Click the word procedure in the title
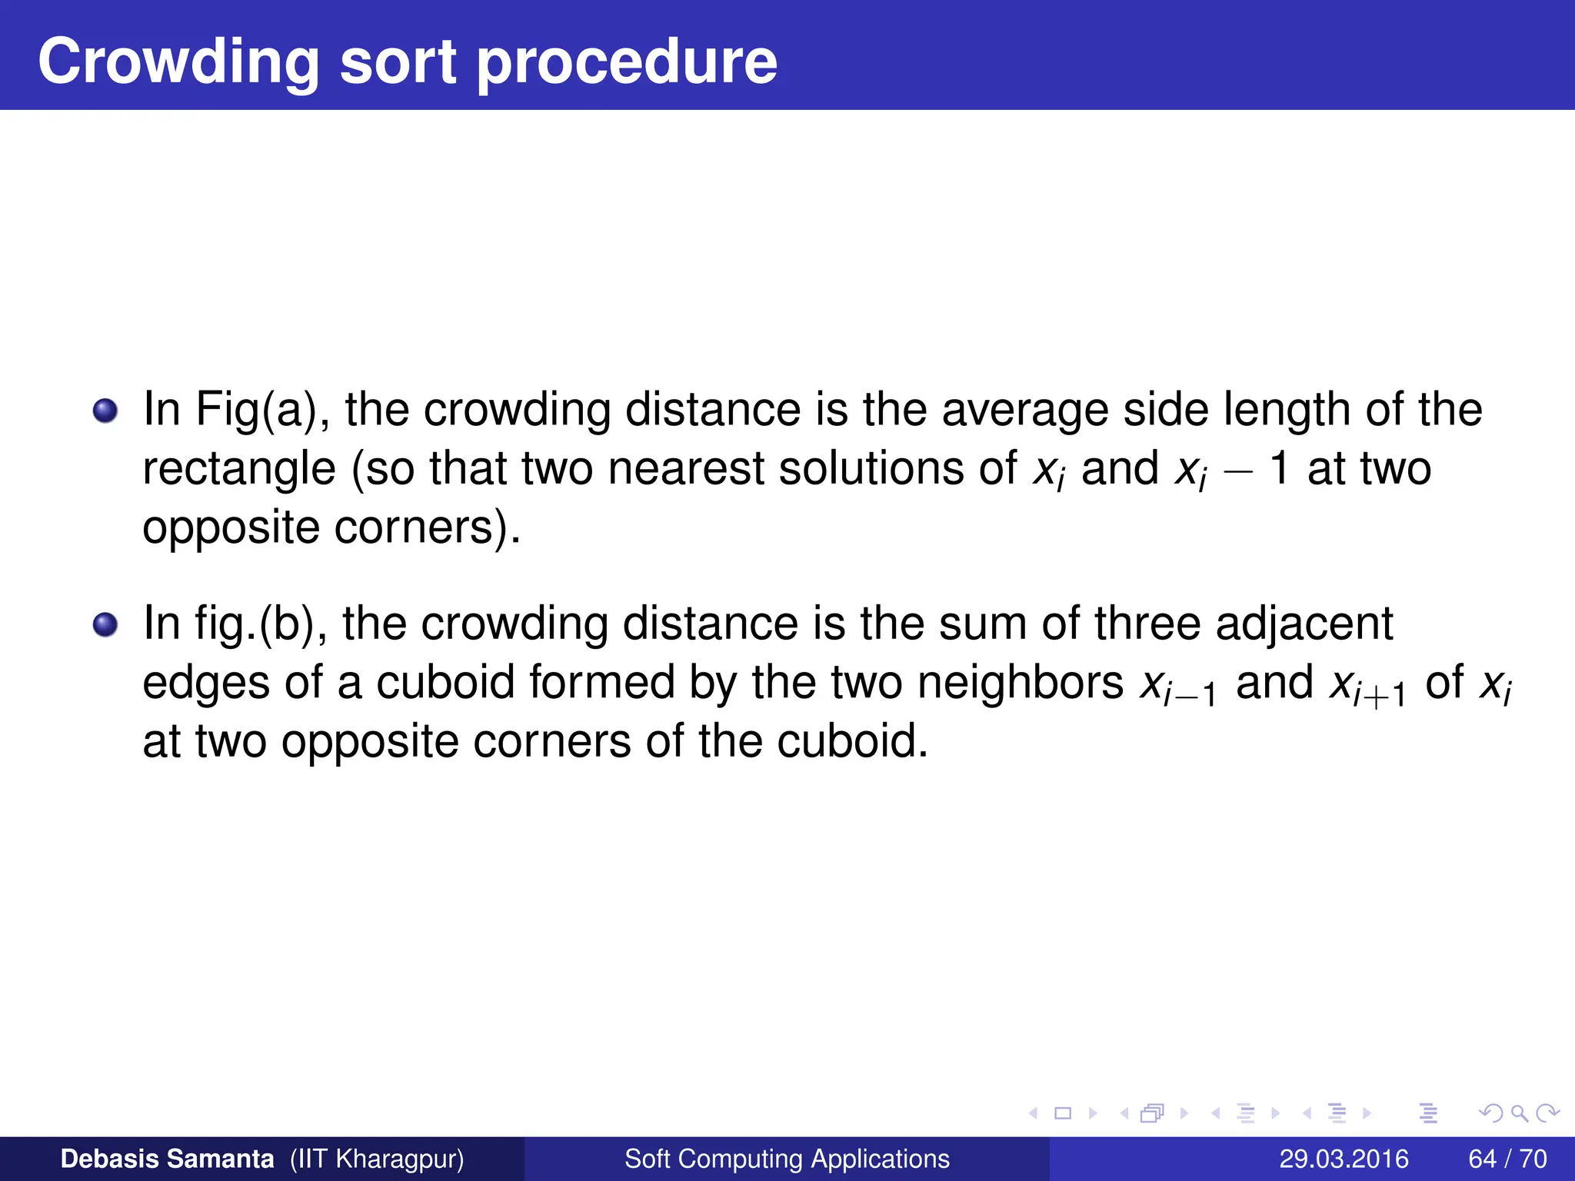[627, 63]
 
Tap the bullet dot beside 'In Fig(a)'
[105, 411]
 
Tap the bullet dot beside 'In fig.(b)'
[105, 624]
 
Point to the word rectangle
[239, 469]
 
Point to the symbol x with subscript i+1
[1367, 685]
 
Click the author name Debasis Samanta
[167, 1159]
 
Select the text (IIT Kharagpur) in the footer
[377, 1159]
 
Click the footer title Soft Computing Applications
[787, 1159]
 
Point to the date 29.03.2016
[1344, 1159]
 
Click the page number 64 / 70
[1507, 1159]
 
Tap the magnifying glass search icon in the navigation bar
[1519, 1113]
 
